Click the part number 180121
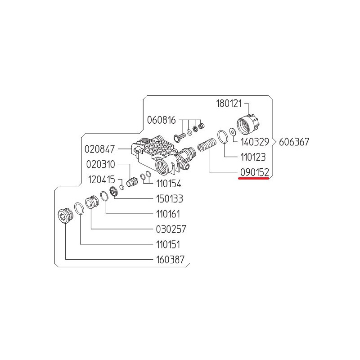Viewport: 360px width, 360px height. (229, 103)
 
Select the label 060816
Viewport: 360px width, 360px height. (161, 120)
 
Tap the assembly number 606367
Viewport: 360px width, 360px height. (294, 142)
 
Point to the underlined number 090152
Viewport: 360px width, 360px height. (254, 172)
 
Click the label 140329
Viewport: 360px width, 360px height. (255, 142)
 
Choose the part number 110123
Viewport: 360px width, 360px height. (253, 157)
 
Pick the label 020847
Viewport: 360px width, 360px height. (99, 149)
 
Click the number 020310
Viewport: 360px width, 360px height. (100, 164)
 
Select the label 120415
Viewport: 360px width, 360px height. (102, 180)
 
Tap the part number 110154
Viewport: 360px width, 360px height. (168, 184)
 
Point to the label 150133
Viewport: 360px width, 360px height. (170, 199)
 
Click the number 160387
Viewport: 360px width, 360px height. (170, 260)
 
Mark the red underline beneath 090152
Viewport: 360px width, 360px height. (254, 178)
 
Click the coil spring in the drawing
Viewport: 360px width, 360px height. (207, 144)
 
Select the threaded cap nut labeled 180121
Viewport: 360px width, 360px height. (248, 124)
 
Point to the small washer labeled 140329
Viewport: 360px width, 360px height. (233, 132)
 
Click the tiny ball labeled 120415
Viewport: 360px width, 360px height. (122, 187)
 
